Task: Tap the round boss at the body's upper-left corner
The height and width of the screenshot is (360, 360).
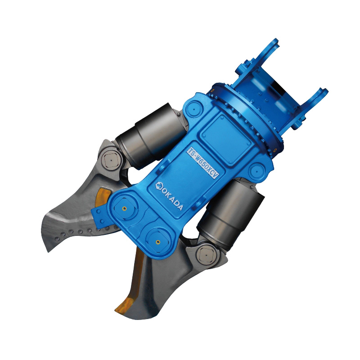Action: [x=194, y=108]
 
